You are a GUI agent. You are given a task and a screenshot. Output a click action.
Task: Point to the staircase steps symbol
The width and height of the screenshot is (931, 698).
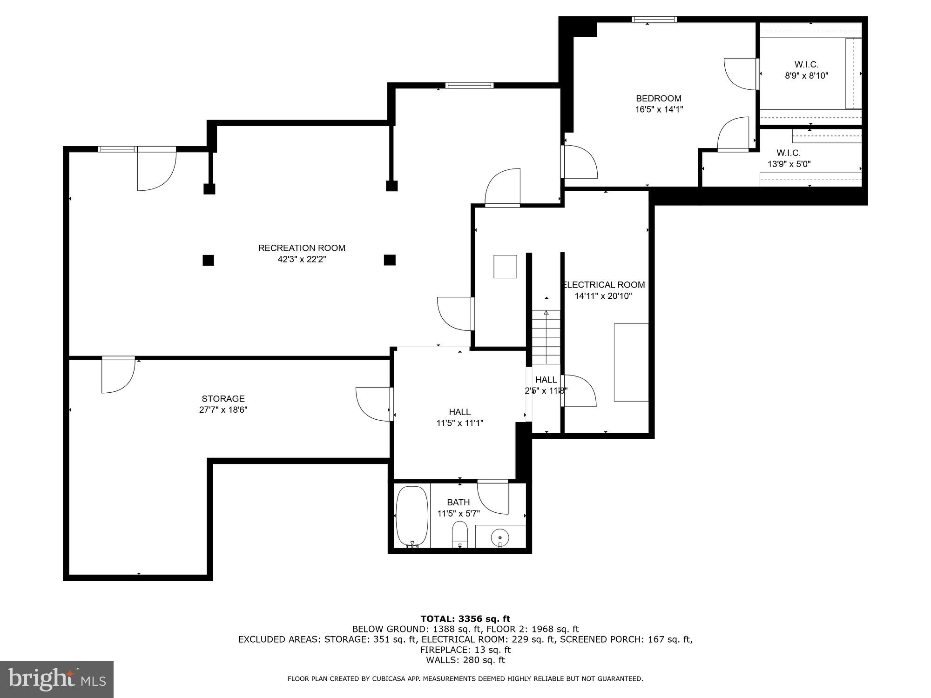pos(546,337)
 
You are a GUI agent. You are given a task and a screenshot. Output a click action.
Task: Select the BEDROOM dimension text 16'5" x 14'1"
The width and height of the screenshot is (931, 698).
pos(659,110)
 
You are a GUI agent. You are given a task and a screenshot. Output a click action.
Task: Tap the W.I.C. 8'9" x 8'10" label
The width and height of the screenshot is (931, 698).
pos(806,70)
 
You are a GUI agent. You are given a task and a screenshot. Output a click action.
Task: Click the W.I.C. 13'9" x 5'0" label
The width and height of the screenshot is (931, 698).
pos(789,158)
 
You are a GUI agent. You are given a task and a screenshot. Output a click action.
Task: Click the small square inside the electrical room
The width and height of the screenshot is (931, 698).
pos(505,267)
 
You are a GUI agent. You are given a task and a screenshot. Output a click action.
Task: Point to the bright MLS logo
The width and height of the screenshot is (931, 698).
pos(56,679)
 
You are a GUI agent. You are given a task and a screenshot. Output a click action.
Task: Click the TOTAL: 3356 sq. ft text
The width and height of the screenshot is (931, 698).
pos(465,619)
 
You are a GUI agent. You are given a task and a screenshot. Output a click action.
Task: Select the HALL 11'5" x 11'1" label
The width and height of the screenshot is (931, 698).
pos(459,417)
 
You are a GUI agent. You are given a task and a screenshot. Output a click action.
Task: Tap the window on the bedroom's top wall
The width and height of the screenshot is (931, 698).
pos(654,19)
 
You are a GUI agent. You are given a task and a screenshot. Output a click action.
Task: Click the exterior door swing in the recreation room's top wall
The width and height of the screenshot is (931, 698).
pos(156,170)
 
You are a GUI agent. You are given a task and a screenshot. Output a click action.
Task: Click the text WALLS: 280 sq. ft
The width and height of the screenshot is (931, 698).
pos(465,660)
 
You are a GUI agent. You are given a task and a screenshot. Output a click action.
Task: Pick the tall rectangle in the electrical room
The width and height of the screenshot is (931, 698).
pos(631,362)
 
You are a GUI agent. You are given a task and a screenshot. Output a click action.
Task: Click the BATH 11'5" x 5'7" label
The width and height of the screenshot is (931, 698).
pos(458,508)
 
